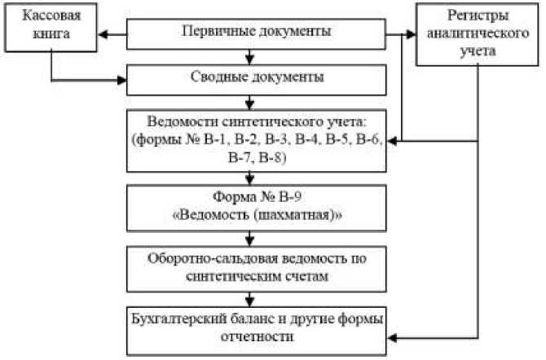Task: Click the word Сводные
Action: tap(216, 78)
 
